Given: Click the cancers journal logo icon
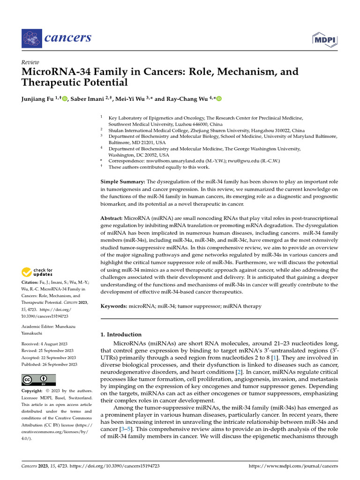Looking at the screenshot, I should pos(31,37).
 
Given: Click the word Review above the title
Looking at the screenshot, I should pos(30,62).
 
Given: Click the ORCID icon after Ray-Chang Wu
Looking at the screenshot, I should pos(218,99).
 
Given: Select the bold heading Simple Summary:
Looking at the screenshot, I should pos(123,181).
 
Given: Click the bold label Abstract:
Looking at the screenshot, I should pos(112,218).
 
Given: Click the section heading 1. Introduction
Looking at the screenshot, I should pos(121,334).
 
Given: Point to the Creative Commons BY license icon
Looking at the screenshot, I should pos(39,380).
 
